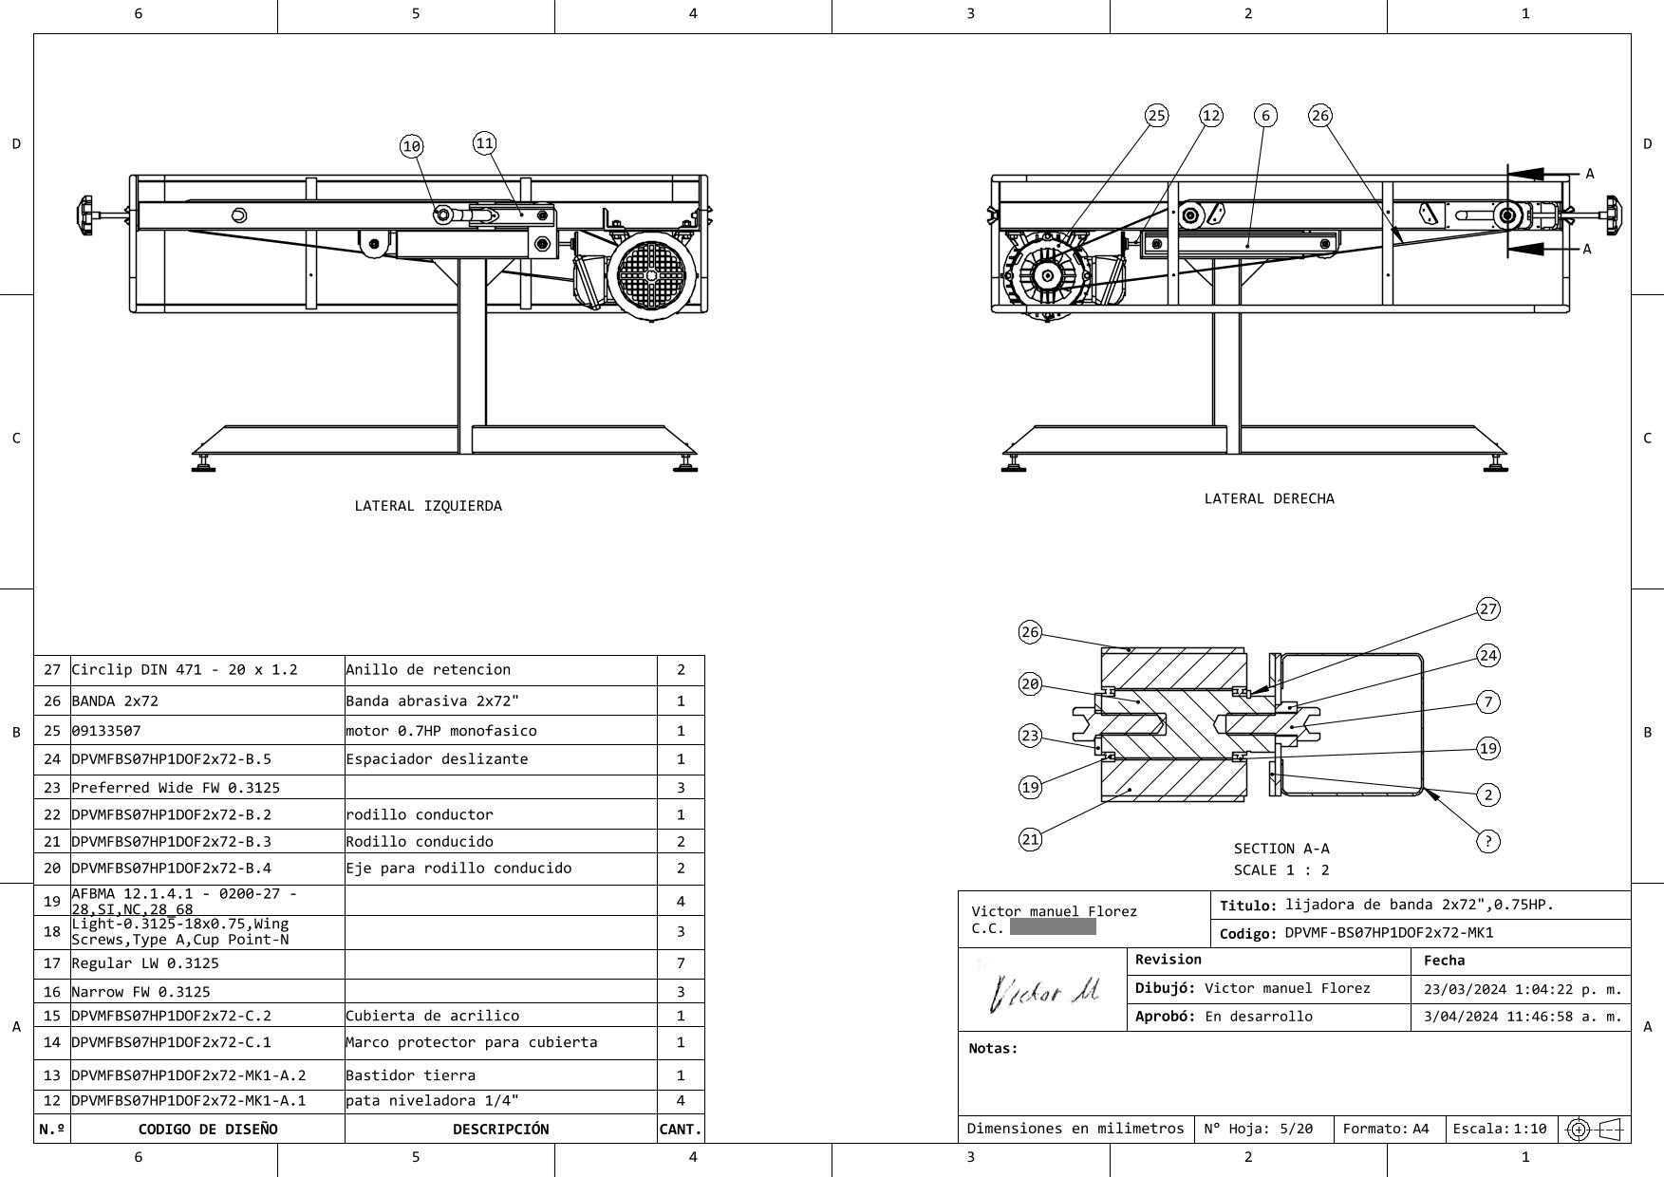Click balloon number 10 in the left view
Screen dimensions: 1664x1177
click(411, 146)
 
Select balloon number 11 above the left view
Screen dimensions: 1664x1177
click(484, 143)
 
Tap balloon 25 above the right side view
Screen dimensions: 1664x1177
click(1156, 116)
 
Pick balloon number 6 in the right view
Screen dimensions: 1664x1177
click(1265, 116)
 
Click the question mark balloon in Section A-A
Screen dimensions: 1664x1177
click(1488, 841)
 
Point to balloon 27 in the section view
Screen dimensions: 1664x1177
click(1488, 609)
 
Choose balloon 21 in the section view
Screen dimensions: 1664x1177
click(1030, 839)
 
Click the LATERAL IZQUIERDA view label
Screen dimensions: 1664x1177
click(428, 506)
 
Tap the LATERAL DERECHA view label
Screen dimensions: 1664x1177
click(1269, 498)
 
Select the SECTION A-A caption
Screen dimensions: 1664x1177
click(1281, 849)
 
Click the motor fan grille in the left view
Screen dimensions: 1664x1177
click(651, 274)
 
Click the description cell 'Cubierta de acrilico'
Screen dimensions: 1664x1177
click(432, 1016)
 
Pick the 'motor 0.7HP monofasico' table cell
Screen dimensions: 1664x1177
click(440, 731)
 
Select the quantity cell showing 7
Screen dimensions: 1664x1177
click(681, 963)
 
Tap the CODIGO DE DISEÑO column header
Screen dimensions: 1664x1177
click(208, 1130)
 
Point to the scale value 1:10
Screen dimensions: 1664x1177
click(1529, 1129)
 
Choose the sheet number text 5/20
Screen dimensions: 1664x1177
click(1296, 1129)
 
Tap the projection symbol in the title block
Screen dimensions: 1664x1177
click(1594, 1130)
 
